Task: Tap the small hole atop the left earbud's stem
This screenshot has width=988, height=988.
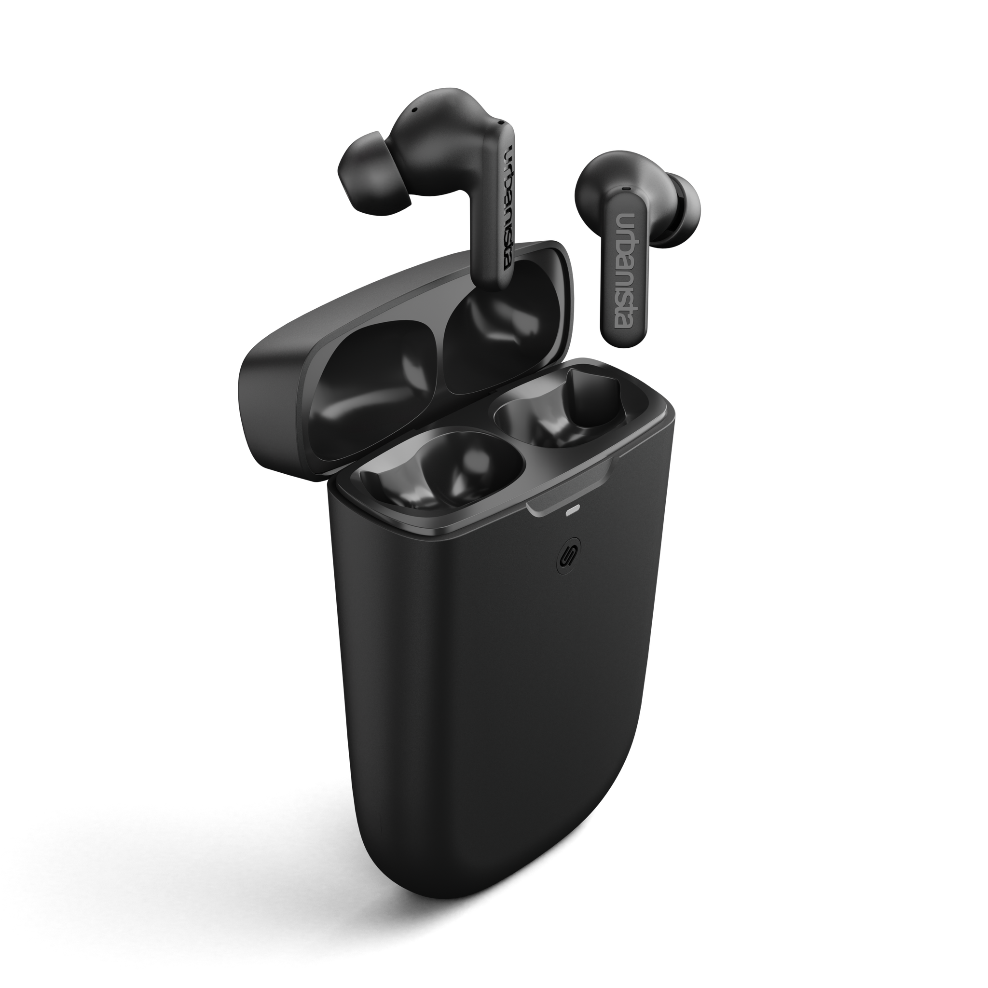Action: (x=501, y=123)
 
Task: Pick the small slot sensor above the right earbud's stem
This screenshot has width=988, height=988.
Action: (x=626, y=189)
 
